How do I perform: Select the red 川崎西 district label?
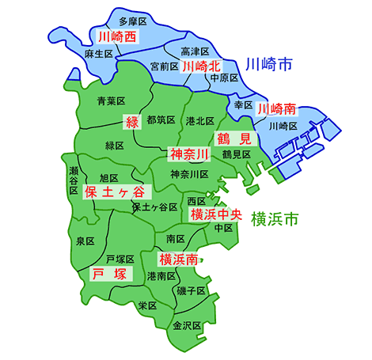pyautogui.click(x=116, y=36)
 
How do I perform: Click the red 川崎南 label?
pyautogui.click(x=277, y=108)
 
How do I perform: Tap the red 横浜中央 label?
pyautogui.click(x=215, y=214)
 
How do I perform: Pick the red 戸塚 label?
pyautogui.click(x=108, y=274)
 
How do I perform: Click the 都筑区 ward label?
pyautogui.click(x=161, y=119)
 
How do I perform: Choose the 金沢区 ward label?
pyautogui.click(x=187, y=325)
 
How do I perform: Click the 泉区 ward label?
pyautogui.click(x=85, y=240)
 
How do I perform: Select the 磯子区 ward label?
pyautogui.click(x=192, y=291)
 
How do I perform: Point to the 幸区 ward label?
pyautogui.click(x=242, y=104)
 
